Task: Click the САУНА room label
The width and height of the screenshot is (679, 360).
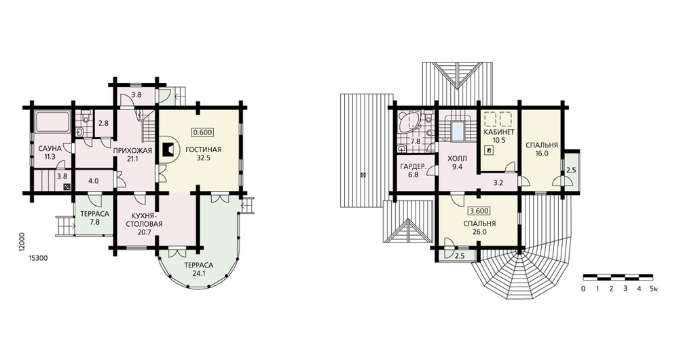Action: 49,149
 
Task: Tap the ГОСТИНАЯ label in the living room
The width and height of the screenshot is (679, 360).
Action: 204,149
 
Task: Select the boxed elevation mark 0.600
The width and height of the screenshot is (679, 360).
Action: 202,132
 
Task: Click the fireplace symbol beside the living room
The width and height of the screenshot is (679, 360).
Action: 168,150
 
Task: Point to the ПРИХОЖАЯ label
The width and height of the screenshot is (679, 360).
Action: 132,150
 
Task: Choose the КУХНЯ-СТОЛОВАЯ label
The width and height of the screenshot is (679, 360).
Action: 144,219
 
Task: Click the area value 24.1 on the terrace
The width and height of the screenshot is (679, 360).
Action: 198,273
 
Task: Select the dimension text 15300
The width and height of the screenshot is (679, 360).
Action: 37,257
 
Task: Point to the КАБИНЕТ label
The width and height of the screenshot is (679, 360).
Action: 499,132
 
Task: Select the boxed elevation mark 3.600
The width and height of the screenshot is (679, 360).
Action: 479,211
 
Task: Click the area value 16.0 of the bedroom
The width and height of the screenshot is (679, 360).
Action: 542,154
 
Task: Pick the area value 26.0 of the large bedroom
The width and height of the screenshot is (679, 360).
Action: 479,232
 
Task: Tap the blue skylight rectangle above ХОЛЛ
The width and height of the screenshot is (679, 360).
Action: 458,132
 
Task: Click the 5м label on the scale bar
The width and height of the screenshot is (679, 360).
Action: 653,289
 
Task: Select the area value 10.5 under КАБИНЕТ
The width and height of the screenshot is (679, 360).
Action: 499,140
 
